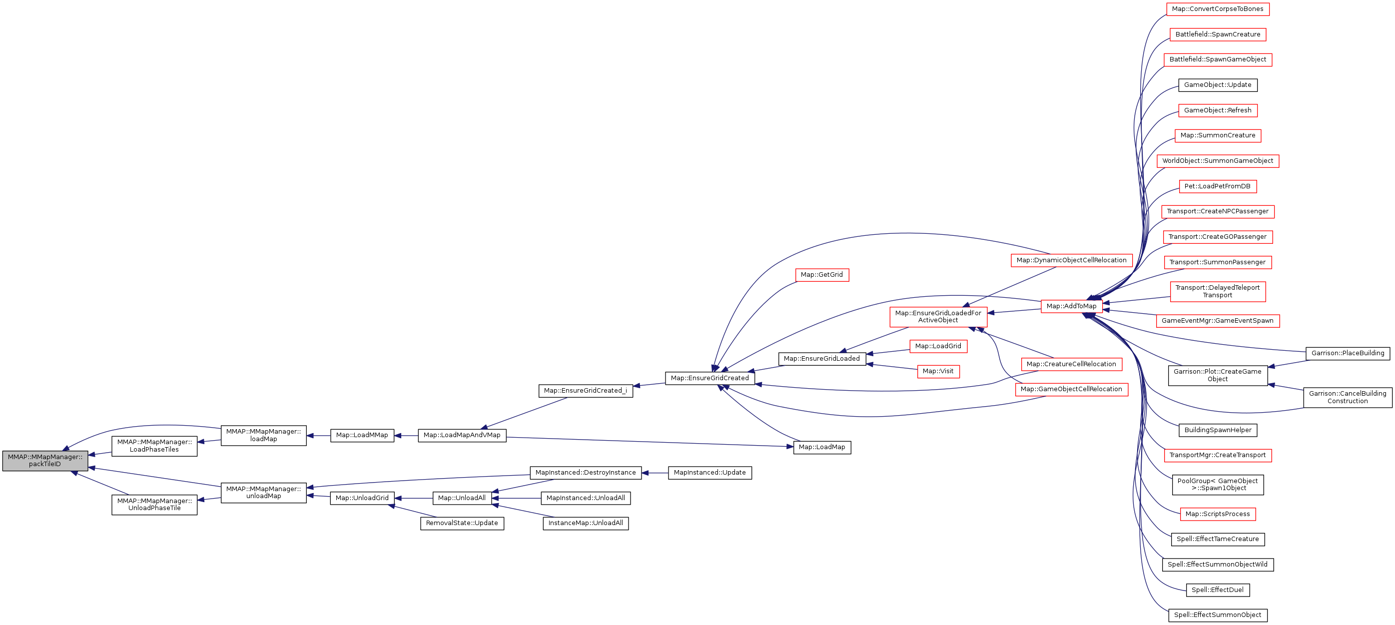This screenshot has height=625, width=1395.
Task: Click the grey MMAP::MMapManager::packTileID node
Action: coord(45,460)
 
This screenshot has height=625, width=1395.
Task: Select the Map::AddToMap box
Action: coord(1071,306)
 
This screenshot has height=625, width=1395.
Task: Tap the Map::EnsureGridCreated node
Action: coord(709,378)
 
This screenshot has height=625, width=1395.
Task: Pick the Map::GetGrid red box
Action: coord(821,275)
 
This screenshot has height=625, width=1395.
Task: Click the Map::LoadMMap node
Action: coord(362,435)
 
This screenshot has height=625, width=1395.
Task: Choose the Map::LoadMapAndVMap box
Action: coord(462,435)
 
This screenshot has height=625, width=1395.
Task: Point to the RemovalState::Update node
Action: coord(462,523)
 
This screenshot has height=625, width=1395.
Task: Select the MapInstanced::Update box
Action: coord(709,473)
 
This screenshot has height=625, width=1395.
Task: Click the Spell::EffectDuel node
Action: coord(1217,590)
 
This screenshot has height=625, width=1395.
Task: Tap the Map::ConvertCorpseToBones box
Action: coord(1217,9)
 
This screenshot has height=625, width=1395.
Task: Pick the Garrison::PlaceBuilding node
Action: coord(1348,353)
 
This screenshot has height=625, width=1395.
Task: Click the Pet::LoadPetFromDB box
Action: coord(1217,186)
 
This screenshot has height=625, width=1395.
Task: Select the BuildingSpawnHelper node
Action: coord(1217,430)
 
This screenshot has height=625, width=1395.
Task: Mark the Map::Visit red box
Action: coord(938,371)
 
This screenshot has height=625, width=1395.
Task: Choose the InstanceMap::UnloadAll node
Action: coord(586,523)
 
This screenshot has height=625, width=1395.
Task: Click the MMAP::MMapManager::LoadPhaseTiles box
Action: coord(154,446)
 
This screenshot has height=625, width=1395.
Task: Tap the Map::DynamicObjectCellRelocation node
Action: coord(1071,260)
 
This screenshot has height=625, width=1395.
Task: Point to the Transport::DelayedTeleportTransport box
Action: coord(1217,291)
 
